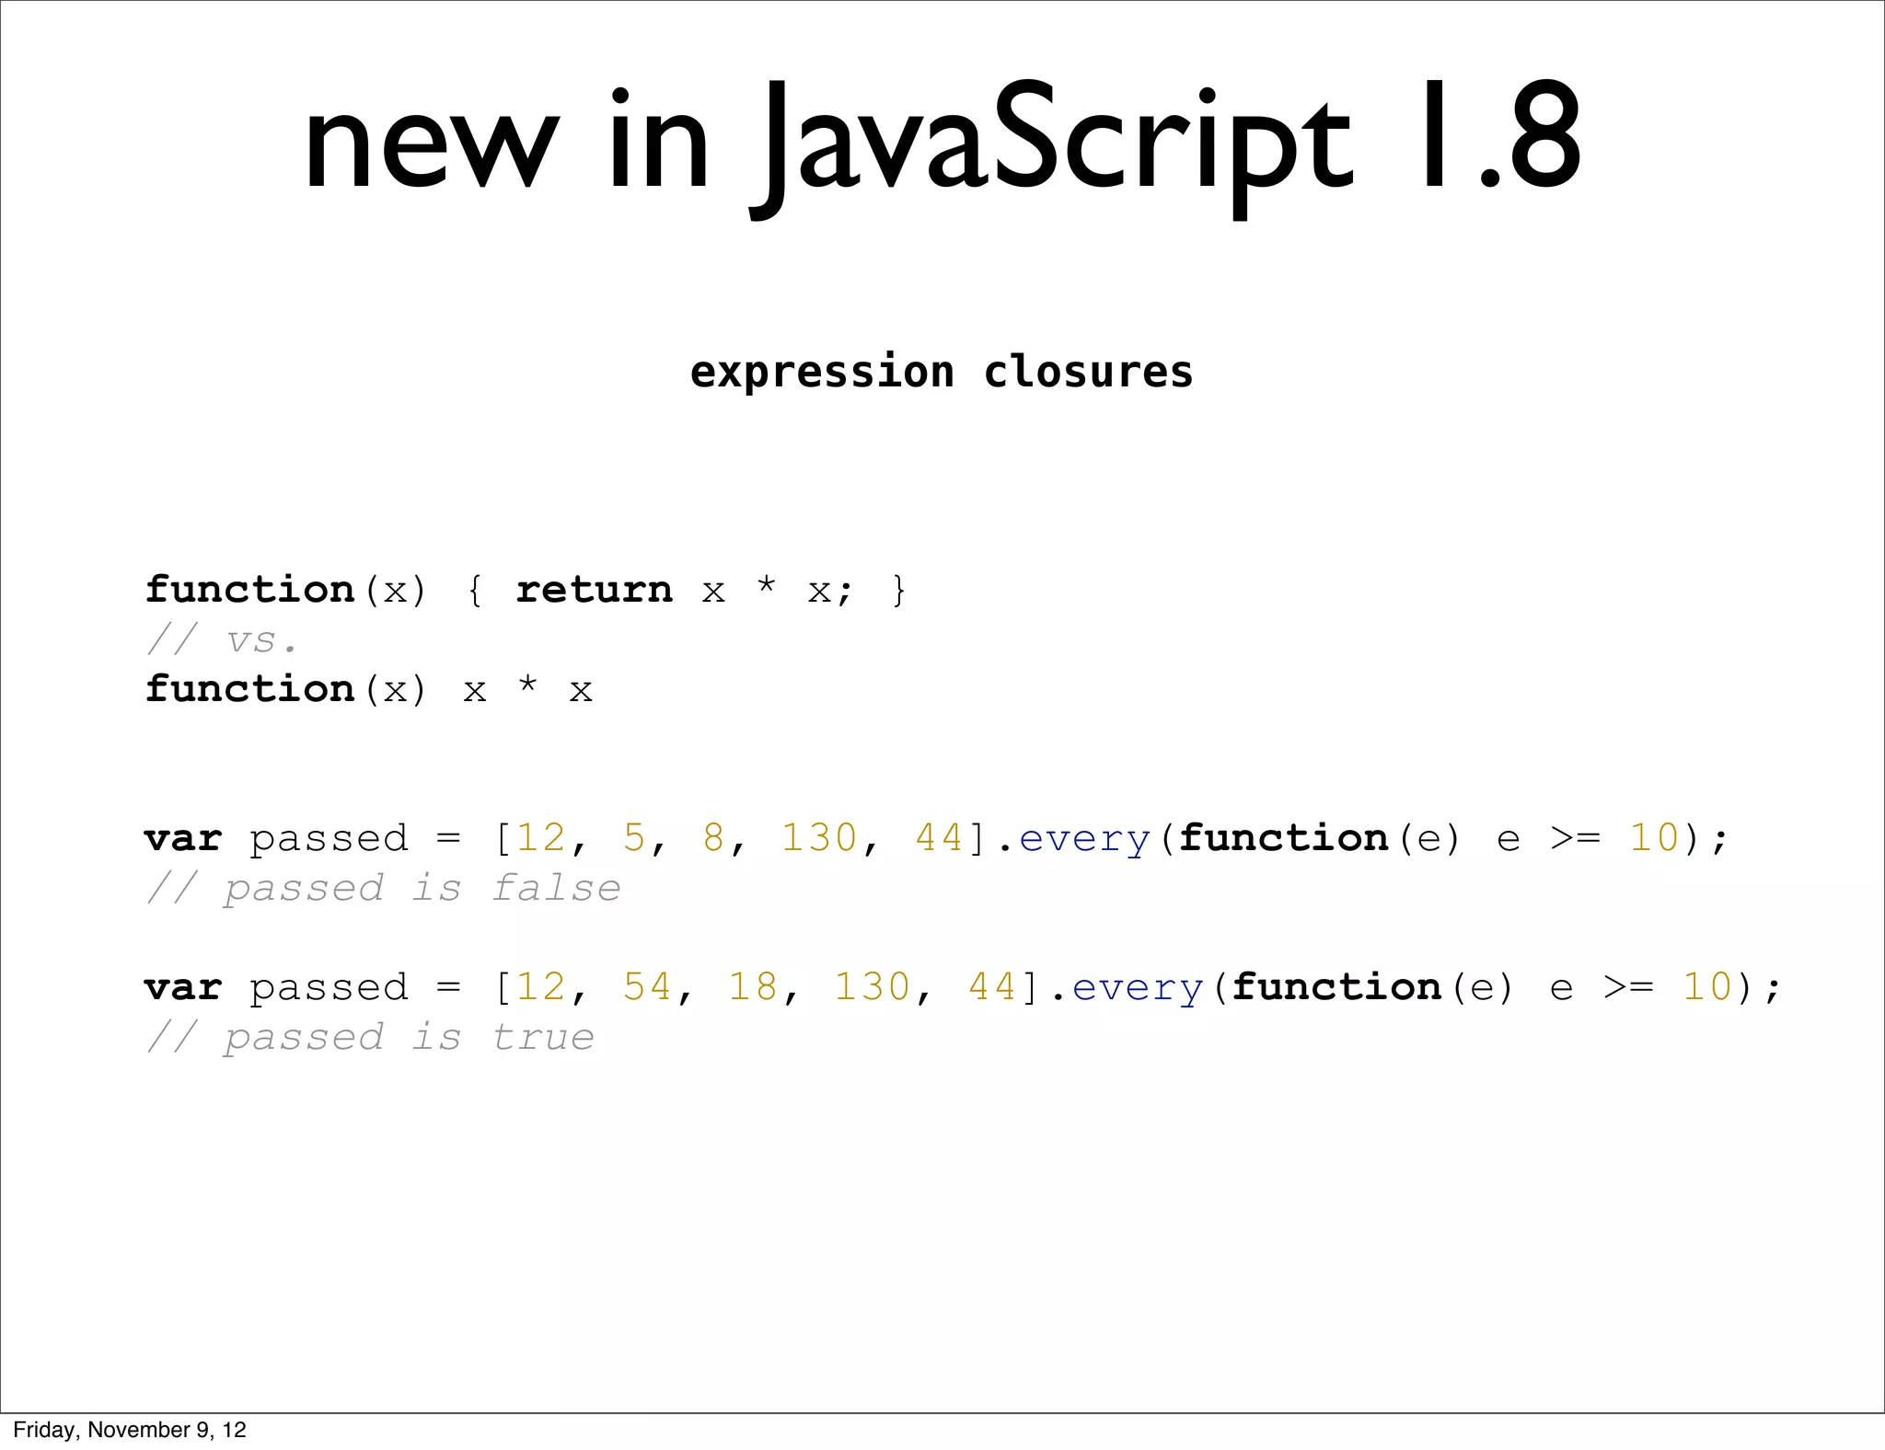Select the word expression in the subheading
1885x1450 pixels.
pyautogui.click(x=822, y=373)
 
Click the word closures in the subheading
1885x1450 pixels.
pyautogui.click(x=1088, y=373)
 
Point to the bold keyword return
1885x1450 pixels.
pyautogui.click(x=595, y=590)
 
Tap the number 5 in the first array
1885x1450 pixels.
pyautogui.click(x=634, y=838)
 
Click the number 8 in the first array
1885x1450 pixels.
pyautogui.click(x=713, y=838)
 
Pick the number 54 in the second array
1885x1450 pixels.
pyautogui.click(x=647, y=987)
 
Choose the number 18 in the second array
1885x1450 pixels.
pyautogui.click(x=753, y=987)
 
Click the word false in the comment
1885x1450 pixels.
pyautogui.click(x=556, y=889)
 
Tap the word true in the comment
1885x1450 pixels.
pyautogui.click(x=543, y=1038)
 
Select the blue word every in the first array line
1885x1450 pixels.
pyautogui.click(x=1084, y=838)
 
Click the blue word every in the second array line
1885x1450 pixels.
pyautogui.click(x=1138, y=987)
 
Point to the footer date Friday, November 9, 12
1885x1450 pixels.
pyautogui.click(x=130, y=1430)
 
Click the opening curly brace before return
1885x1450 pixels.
pyautogui.click(x=475, y=590)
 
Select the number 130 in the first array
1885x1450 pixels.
pyautogui.click(x=819, y=838)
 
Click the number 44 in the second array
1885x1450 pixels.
pyautogui.click(x=992, y=987)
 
